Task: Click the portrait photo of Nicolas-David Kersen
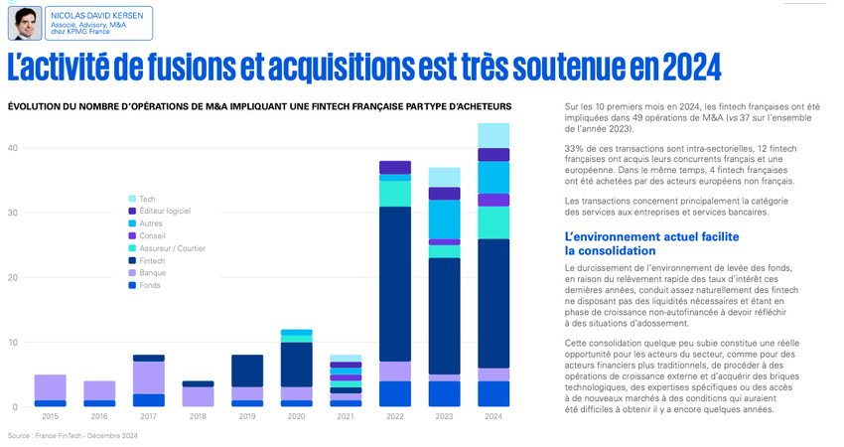[24, 23]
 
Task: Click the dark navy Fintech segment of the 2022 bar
[395, 283]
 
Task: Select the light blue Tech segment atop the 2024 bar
[493, 135]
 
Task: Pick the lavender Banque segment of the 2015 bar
[50, 387]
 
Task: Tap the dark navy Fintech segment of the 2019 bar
[247, 371]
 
